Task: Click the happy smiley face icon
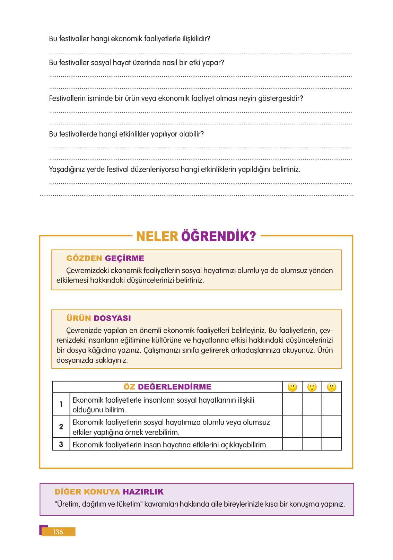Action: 292,387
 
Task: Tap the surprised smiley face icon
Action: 312,387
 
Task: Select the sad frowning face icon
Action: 332,387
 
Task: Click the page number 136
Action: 58,532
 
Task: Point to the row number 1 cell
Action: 61,404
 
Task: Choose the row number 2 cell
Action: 61,427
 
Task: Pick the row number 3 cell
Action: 61,444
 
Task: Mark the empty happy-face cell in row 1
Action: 292,404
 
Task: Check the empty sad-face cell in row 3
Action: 332,444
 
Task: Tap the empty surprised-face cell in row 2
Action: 312,427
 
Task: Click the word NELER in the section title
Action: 157,237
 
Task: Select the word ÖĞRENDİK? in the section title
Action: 218,237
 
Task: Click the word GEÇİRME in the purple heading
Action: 124,258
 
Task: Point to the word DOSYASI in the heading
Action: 112,318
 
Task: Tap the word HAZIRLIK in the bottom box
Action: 143,492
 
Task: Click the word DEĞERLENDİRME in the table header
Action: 175,387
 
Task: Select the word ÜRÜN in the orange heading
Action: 79,318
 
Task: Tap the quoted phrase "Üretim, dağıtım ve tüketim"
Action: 98,504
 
